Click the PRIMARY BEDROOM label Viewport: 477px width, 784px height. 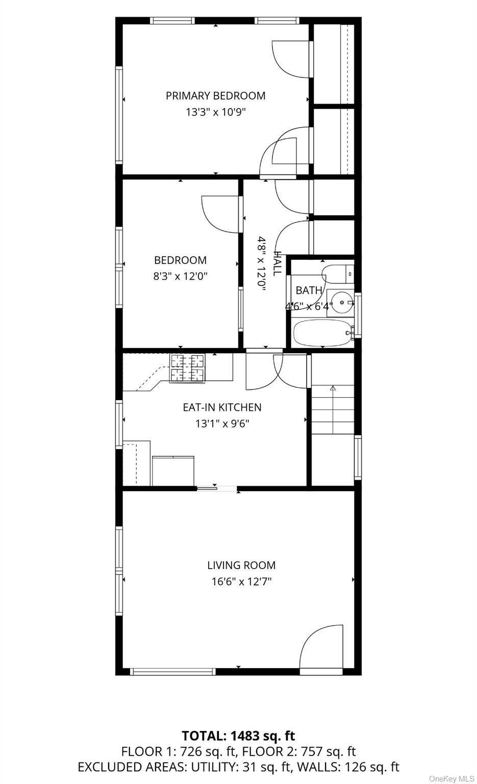coord(215,96)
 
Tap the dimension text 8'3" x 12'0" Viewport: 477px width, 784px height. coord(180,277)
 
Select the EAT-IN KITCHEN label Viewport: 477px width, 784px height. coord(222,407)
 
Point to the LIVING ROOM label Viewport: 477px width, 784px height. coord(241,566)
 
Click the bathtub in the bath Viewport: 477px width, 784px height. coord(322,333)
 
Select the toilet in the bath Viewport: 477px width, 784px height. coord(337,274)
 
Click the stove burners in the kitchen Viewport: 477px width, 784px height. coord(187,368)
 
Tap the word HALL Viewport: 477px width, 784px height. coord(277,263)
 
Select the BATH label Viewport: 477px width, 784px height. coord(309,290)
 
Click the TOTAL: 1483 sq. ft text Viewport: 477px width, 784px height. coord(238,736)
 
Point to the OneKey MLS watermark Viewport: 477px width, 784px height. coord(451,778)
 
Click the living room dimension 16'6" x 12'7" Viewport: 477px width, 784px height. coord(241,581)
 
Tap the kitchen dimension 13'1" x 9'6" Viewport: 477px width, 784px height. coord(222,424)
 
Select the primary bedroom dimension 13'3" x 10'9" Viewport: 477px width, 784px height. coord(215,112)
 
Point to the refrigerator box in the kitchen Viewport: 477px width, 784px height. coord(173,471)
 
